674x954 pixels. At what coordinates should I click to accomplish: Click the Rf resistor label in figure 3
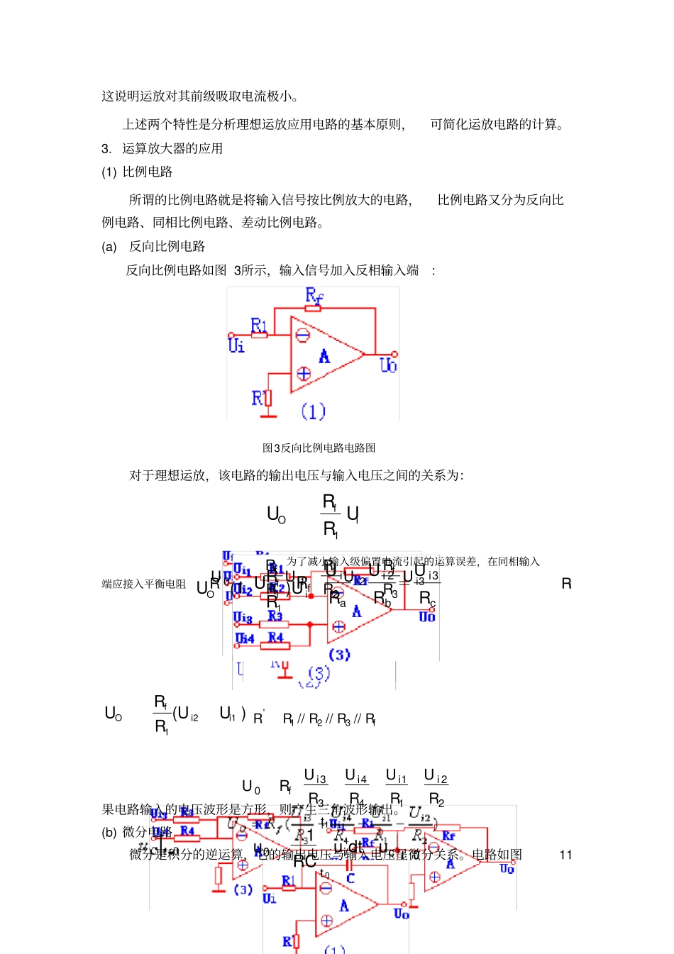(314, 295)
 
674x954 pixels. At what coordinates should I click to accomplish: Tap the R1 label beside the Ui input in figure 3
(259, 325)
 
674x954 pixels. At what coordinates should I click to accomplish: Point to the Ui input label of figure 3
(236, 345)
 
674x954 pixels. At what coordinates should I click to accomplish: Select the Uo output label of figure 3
(388, 365)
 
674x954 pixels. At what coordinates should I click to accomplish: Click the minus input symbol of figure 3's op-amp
(303, 335)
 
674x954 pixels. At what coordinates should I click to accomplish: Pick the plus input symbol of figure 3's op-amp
(304, 373)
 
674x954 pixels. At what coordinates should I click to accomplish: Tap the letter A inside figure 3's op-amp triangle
(324, 356)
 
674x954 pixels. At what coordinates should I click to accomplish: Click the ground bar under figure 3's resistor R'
(268, 415)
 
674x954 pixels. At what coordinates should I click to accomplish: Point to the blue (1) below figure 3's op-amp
(313, 411)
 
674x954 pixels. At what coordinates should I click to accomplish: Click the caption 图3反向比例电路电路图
(319, 448)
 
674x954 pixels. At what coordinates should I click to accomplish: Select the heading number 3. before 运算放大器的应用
(106, 148)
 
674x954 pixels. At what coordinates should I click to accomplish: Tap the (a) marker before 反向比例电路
(109, 246)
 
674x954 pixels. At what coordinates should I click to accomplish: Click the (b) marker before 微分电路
(109, 832)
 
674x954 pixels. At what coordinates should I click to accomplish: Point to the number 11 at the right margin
(565, 855)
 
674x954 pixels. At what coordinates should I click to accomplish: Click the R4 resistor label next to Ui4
(276, 637)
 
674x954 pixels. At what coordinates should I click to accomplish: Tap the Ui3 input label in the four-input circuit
(243, 618)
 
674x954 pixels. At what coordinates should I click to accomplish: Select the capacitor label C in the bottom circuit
(350, 878)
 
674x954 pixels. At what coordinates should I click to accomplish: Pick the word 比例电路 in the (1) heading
(148, 172)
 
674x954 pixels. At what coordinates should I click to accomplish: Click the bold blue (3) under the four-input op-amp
(339, 655)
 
